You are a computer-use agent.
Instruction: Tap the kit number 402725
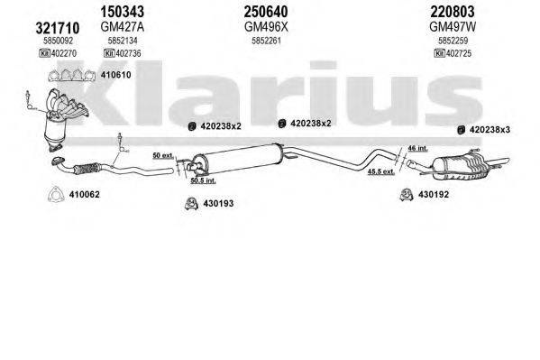[x=461, y=54]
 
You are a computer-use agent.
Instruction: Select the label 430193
[x=217, y=204]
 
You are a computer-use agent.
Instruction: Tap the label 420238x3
[x=495, y=129]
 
